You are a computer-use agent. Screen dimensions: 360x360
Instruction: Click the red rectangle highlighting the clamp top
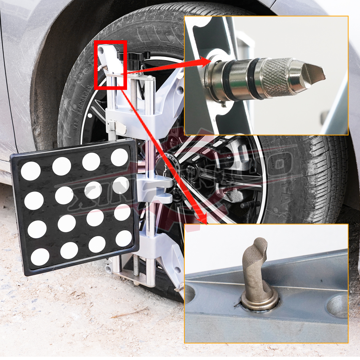click(111, 65)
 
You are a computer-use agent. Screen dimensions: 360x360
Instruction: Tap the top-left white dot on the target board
click(31, 171)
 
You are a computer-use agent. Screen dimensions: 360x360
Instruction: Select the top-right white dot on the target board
click(120, 157)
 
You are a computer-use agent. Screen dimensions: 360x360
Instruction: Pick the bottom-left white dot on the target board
click(40, 257)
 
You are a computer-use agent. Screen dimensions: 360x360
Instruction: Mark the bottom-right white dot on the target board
click(124, 238)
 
